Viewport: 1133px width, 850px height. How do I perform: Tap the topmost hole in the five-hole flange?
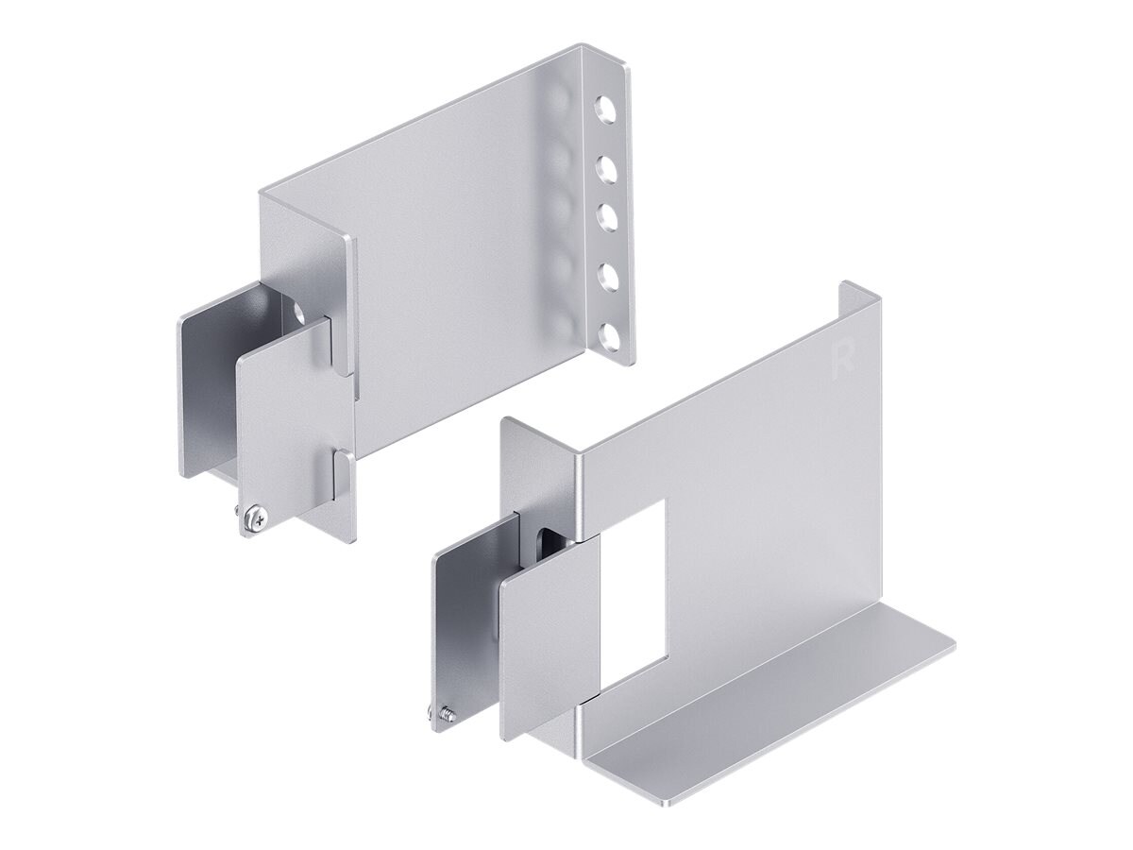pos(604,107)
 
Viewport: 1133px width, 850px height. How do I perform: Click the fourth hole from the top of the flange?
pos(605,275)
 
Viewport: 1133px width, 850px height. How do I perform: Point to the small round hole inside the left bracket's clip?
pos(299,311)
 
